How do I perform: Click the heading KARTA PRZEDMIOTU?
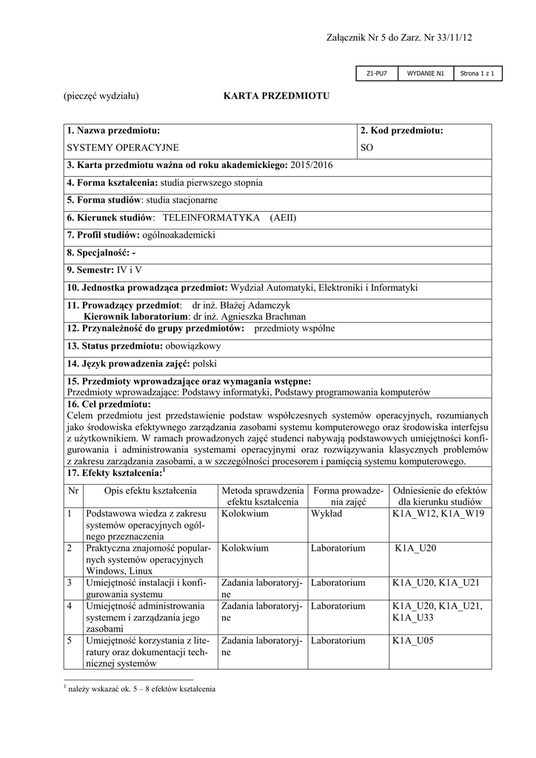[x=275, y=96]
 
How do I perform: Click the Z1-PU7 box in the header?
[x=377, y=73]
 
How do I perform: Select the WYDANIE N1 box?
[x=425, y=73]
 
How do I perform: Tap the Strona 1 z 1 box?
[x=477, y=73]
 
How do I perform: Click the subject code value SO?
[x=367, y=148]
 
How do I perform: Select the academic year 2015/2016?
[x=313, y=165]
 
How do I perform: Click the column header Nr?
[x=73, y=491]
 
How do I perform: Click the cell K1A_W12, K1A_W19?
[x=438, y=514]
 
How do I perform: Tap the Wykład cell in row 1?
[x=326, y=514]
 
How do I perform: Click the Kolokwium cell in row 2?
[x=244, y=549]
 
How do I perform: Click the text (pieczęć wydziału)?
[x=101, y=96]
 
